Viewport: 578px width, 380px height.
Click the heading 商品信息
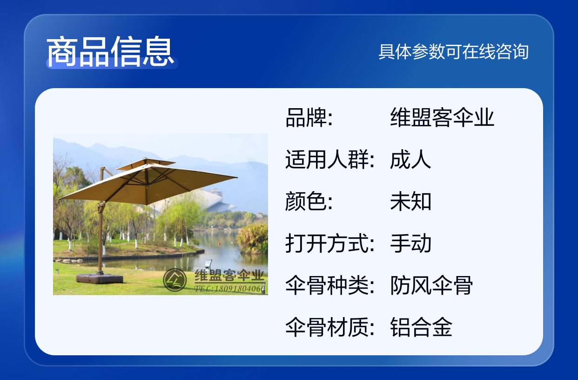(110, 51)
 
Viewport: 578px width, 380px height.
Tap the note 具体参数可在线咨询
(453, 52)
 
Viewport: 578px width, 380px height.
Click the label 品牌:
(309, 117)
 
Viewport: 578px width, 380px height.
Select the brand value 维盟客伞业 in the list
(442, 117)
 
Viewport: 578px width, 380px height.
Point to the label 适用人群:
(330, 159)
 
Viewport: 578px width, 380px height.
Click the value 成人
(410, 159)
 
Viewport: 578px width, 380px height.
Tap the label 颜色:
(309, 201)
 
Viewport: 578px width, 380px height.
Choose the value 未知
(410, 201)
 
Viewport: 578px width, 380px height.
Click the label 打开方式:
(330, 243)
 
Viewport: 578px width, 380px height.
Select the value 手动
(410, 243)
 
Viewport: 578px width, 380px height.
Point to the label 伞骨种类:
(330, 285)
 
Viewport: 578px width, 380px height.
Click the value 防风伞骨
(431, 285)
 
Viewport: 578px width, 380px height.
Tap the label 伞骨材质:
(330, 327)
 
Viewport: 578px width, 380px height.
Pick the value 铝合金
(421, 327)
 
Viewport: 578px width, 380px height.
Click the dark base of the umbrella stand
(100, 278)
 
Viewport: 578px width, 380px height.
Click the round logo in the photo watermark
(175, 280)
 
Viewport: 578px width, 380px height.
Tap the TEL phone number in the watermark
(229, 288)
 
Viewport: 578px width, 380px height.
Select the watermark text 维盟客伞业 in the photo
(229, 275)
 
